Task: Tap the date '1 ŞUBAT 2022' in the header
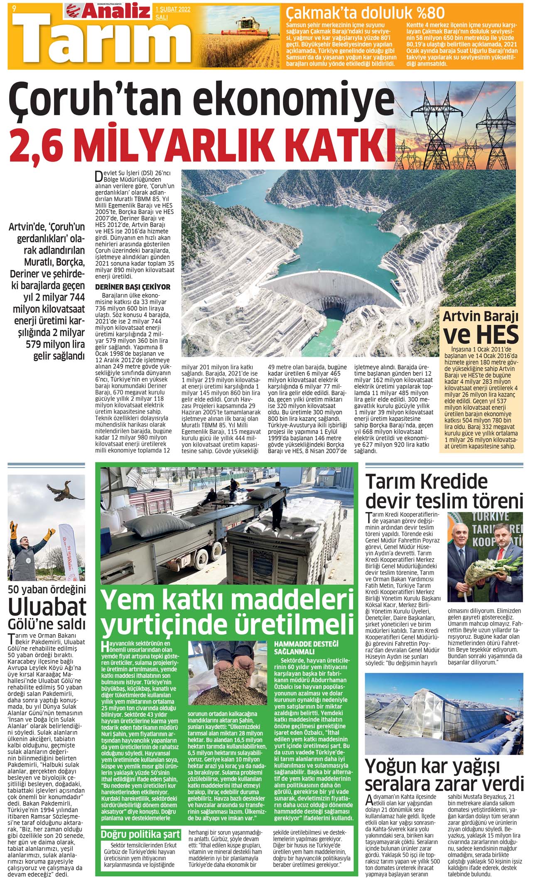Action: pyautogui.click(x=172, y=9)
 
